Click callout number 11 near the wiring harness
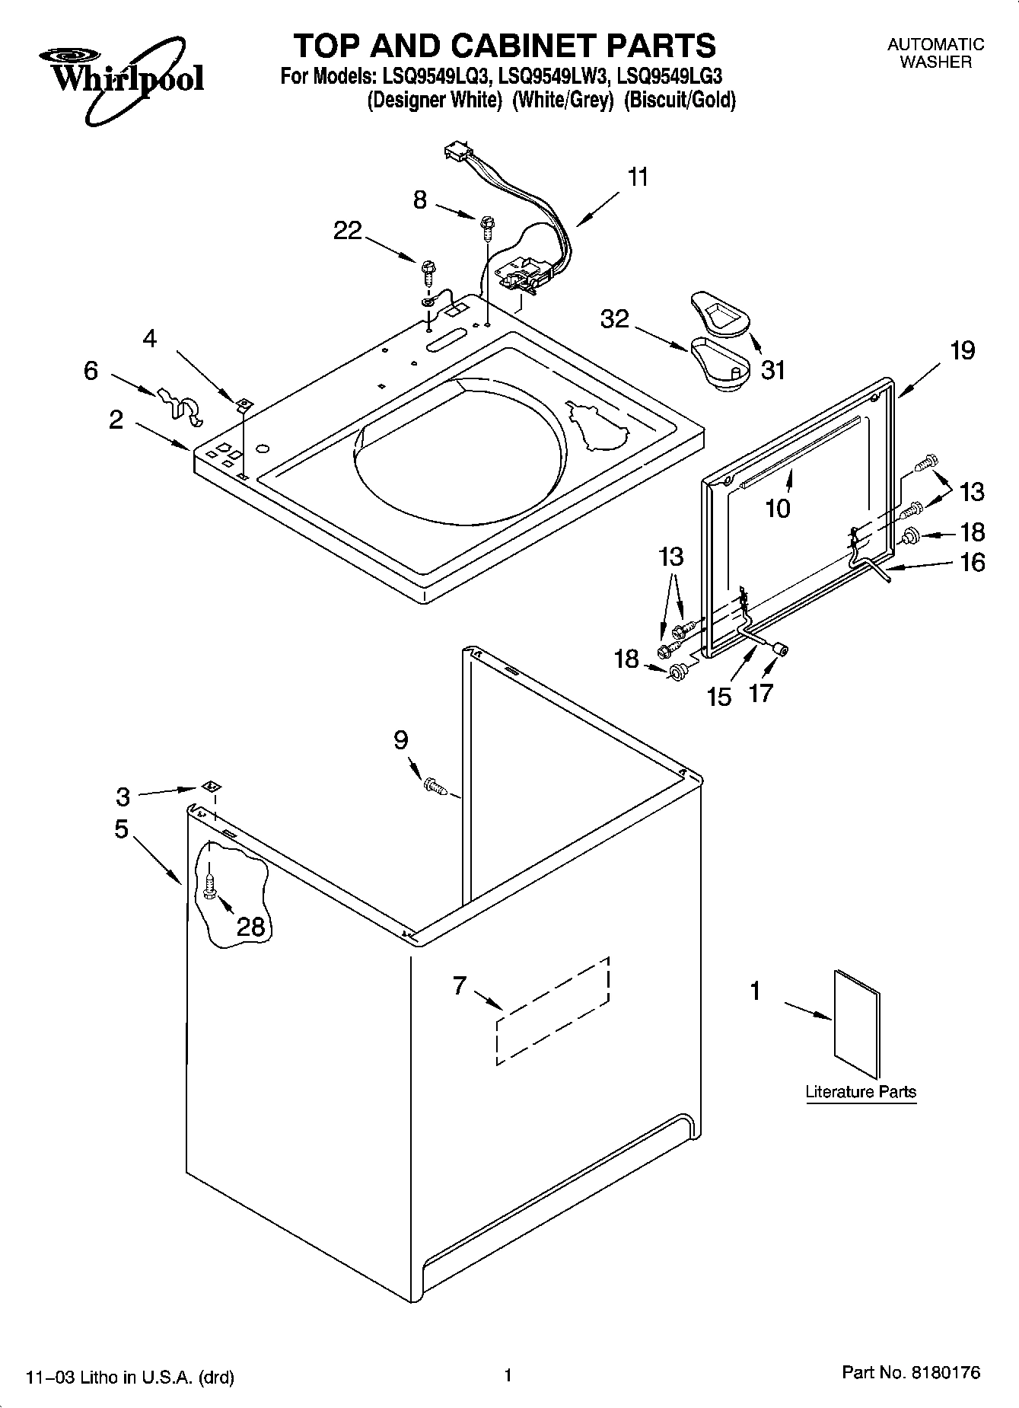(638, 177)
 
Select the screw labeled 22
(428, 270)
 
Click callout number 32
(615, 319)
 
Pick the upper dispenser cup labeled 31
(721, 313)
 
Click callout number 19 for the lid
(962, 351)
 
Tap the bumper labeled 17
(780, 648)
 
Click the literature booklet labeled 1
(857, 1024)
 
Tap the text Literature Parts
(861, 1091)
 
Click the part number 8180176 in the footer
(941, 1373)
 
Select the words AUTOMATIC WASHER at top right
(935, 53)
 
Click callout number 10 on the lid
(778, 508)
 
